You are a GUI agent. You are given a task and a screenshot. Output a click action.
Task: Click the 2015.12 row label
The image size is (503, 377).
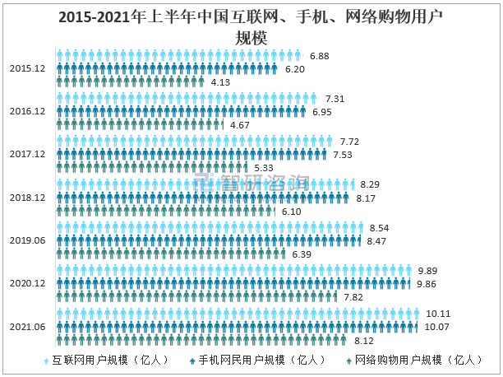coord(28,68)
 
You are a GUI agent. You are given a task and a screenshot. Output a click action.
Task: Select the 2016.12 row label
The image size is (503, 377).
coord(28,111)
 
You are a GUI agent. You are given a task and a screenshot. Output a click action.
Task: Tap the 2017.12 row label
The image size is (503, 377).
coord(28,154)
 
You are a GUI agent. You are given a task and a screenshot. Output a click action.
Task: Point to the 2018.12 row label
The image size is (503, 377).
coord(28,198)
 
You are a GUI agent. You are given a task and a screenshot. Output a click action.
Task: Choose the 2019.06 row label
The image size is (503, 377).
coord(28,240)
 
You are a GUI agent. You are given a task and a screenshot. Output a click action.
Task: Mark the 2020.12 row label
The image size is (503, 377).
coord(28,283)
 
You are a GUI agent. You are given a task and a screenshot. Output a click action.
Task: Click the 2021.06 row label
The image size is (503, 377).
coord(28,326)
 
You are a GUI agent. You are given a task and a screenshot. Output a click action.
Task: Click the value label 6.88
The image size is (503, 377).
coord(320,56)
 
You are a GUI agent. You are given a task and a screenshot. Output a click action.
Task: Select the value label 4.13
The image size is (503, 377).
coord(219,82)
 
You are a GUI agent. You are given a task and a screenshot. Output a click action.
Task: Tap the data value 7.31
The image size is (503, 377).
coord(335,98)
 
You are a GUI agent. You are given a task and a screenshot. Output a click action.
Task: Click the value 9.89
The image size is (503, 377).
coord(427,271)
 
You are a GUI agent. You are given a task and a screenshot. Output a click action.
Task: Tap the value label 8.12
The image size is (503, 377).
coord(363,340)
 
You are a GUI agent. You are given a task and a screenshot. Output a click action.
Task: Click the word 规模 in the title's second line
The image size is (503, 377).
coord(251,37)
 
